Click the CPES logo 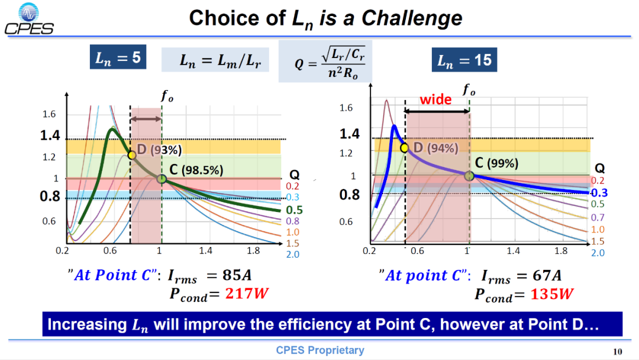click(29, 19)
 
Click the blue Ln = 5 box click(118, 57)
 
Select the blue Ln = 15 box click(464, 60)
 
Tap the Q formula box click(325, 61)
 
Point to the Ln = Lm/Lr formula click(215, 60)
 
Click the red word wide click(435, 99)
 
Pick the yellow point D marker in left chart click(131, 155)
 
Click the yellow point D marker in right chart click(404, 147)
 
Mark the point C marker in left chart click(162, 179)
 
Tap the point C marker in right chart click(469, 176)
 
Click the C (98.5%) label click(196, 169)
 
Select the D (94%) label click(436, 147)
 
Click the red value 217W click(247, 294)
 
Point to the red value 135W click(552, 294)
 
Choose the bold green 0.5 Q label click(294, 210)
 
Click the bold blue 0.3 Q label click(599, 193)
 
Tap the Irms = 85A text click(209, 275)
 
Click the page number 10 click(617, 352)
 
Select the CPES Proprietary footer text click(320, 350)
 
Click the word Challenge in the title click(412, 18)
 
